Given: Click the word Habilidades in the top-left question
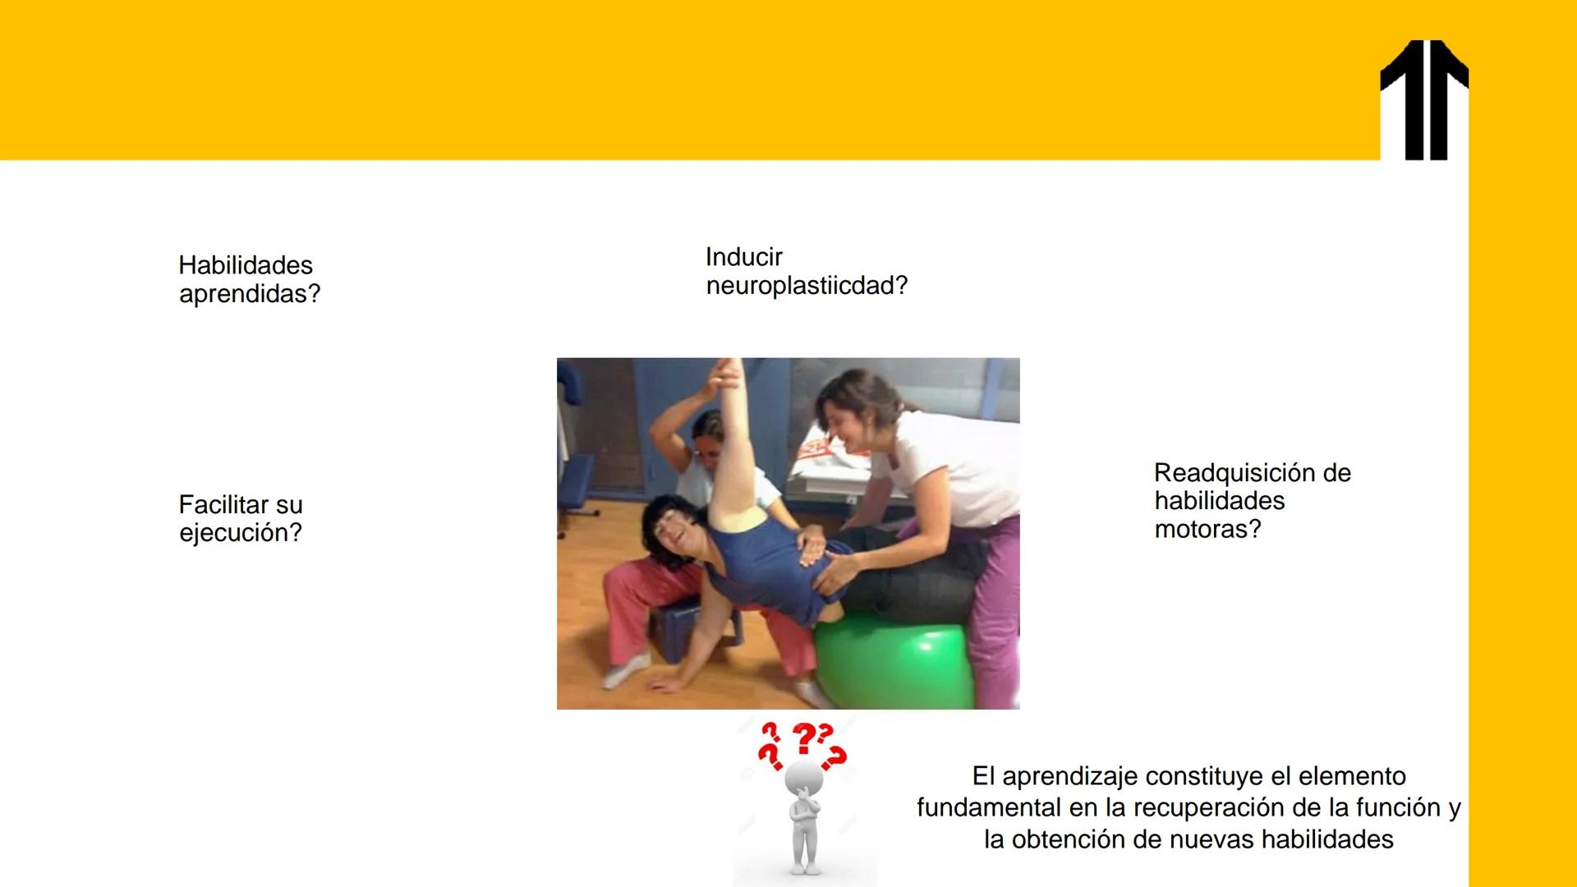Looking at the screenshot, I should (246, 265).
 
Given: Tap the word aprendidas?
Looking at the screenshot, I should (250, 294).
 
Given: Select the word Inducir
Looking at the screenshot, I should (743, 257).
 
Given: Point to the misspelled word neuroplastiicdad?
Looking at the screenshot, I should (807, 286).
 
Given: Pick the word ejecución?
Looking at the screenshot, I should (241, 533).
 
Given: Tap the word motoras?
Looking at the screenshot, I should (1207, 529).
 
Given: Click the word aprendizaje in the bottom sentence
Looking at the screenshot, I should (1069, 776).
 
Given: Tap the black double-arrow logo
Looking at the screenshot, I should (1424, 100).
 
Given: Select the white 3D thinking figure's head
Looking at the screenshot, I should (803, 777).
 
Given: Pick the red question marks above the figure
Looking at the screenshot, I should (801, 743).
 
